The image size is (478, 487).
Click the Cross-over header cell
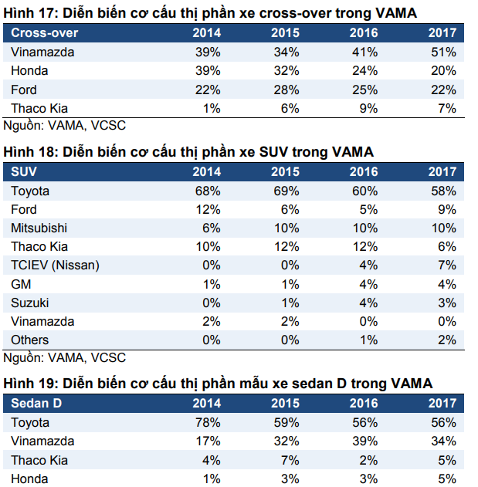[45, 33]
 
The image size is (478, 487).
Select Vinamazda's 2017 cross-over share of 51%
[443, 52]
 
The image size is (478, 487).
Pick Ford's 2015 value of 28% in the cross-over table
[286, 90]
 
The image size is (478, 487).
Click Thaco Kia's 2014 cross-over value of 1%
[212, 109]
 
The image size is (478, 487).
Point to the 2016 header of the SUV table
[364, 171]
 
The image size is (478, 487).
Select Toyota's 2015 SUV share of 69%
[286, 191]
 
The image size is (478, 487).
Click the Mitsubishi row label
[39, 228]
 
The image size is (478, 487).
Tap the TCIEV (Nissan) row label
[55, 265]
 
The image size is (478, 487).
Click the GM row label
[21, 284]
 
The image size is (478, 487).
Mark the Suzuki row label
[30, 303]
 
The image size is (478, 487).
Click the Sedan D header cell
[36, 403]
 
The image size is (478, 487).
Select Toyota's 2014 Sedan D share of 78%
[208, 422]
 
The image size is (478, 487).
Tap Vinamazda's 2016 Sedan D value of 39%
[364, 441]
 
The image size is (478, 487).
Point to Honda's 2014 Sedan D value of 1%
[212, 479]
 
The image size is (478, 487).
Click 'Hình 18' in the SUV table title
[27, 151]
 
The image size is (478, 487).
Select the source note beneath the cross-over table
[65, 124]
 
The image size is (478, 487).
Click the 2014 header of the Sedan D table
[206, 403]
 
